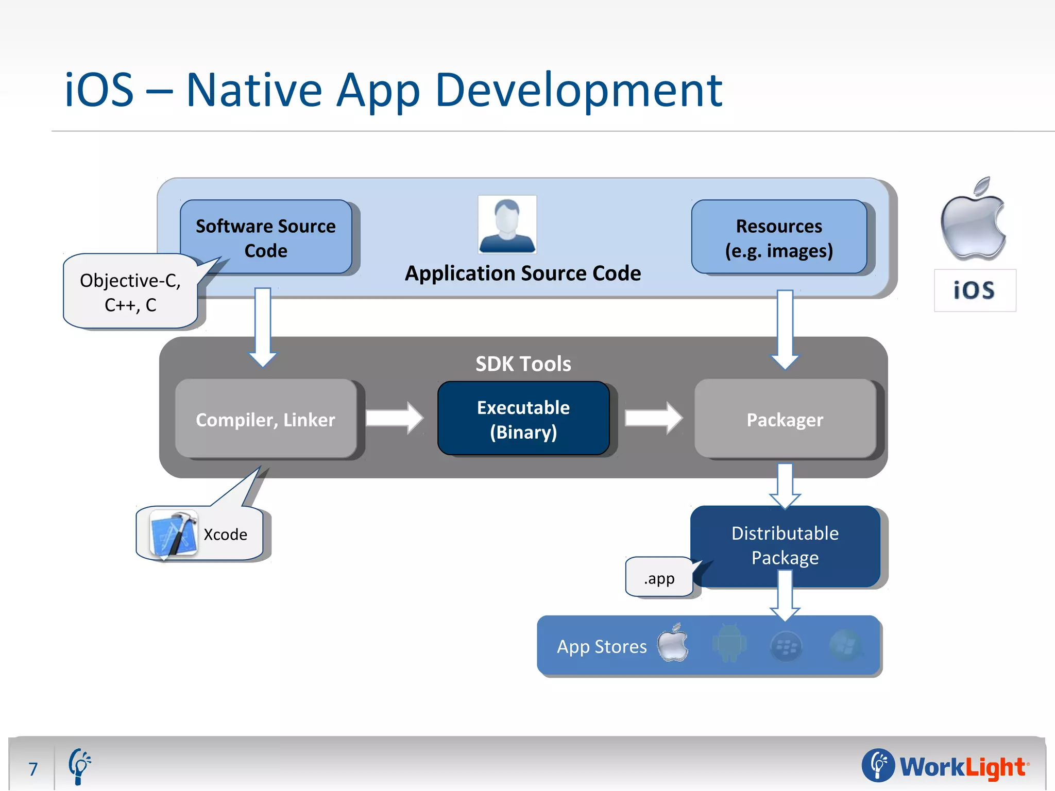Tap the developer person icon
click(507, 225)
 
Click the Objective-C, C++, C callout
click(130, 292)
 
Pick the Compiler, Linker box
click(265, 419)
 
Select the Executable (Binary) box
click(523, 419)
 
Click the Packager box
click(785, 419)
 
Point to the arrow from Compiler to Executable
click(395, 418)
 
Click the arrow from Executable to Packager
click(653, 418)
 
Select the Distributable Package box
click(785, 545)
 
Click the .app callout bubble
click(659, 578)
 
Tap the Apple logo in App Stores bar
click(673, 643)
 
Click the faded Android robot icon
click(729, 644)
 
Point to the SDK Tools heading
click(523, 364)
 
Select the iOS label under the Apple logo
click(974, 290)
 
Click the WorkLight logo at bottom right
click(945, 766)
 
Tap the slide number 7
click(33, 769)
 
